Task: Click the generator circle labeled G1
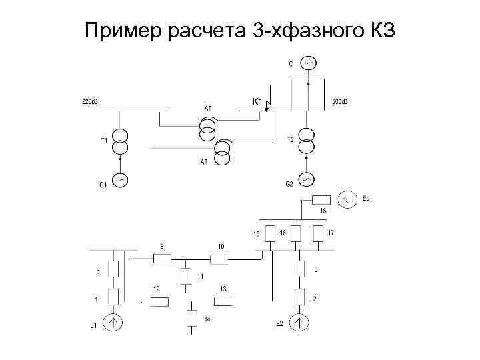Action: click(119, 180)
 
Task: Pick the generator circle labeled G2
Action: click(306, 180)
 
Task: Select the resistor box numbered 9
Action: click(163, 259)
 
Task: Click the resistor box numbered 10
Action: click(218, 259)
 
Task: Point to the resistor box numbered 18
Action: click(321, 199)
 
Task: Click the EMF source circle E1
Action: click(113, 323)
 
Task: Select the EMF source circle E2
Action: click(300, 323)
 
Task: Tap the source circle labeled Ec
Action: click(347, 198)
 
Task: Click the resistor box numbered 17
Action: click(318, 233)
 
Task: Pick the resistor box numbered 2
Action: click(300, 297)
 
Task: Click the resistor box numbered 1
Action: click(113, 297)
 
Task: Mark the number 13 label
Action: click(223, 288)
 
